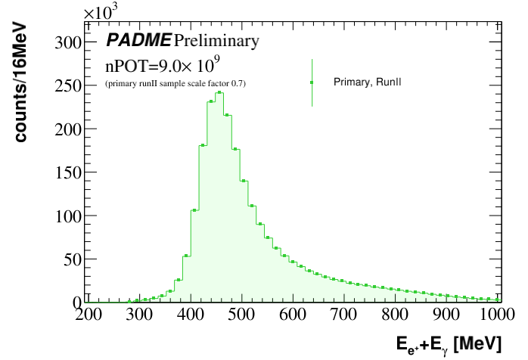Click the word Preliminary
click(x=216, y=39)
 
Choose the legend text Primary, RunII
click(x=367, y=82)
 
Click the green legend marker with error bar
click(x=312, y=82)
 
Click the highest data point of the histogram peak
click(x=219, y=92)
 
